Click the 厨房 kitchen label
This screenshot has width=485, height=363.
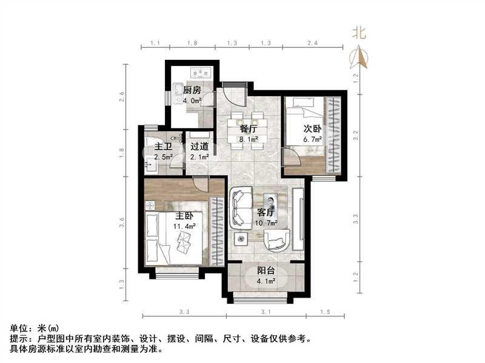coord(192,91)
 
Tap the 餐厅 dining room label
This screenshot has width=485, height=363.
coord(249,129)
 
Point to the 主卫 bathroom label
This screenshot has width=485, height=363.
coord(162,147)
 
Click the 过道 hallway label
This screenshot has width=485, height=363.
coord(199,147)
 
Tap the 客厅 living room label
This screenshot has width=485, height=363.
coord(267,213)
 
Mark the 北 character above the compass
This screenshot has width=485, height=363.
coord(360,34)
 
